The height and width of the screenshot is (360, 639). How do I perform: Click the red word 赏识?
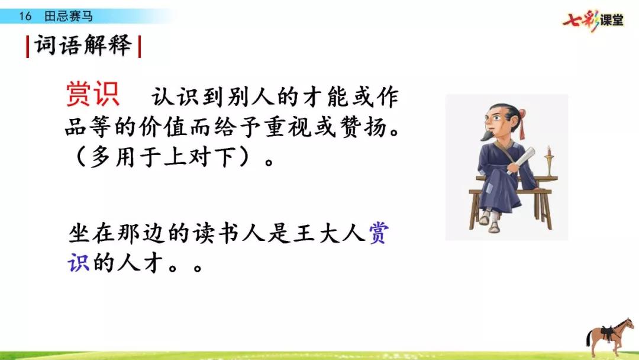tap(92, 94)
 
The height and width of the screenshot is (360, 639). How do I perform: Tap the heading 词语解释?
tap(83, 45)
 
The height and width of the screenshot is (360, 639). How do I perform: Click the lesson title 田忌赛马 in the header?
tap(69, 17)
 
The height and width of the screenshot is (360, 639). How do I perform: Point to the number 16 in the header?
tap(25, 17)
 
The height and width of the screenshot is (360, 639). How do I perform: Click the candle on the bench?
tap(549, 160)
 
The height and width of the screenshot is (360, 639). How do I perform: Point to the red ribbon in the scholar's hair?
tap(522, 123)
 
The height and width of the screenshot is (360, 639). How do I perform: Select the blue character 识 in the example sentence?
tap(79, 262)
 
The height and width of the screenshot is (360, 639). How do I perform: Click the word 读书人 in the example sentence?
tap(228, 234)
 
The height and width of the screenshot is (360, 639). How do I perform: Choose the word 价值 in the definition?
tap(163, 127)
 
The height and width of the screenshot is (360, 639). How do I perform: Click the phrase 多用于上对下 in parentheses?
tap(163, 157)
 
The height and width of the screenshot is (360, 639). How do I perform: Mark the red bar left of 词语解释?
tap(27, 46)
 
